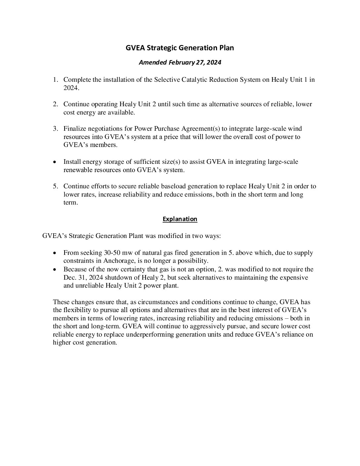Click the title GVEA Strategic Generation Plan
pyautogui.click(x=180, y=48)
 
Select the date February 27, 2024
pyautogui.click(x=195, y=62)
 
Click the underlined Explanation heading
pyautogui.click(x=180, y=219)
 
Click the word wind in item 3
pyautogui.click(x=295, y=128)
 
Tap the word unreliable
pyautogui.click(x=89, y=285)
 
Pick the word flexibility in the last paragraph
pyautogui.click(x=80, y=310)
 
